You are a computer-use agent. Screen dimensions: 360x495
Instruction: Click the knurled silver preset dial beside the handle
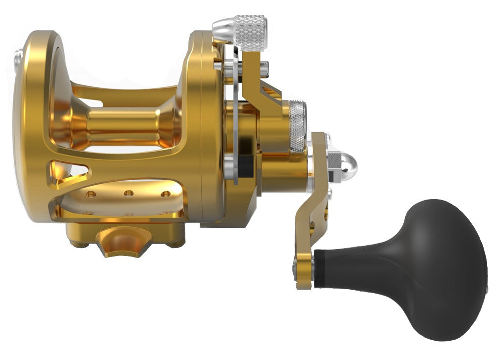point(297,126)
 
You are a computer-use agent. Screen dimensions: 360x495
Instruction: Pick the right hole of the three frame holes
point(165,194)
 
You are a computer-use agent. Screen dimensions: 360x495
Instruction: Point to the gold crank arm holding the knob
point(312,208)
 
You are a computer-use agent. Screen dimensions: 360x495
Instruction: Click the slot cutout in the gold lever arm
point(270,92)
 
